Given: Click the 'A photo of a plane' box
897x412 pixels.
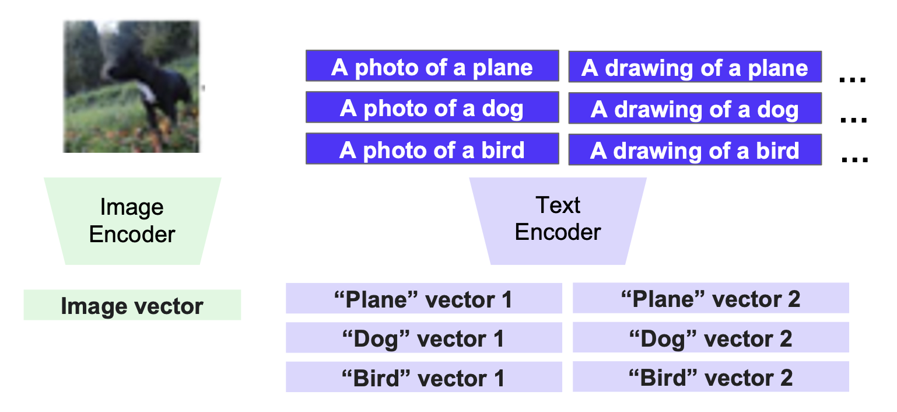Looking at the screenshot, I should click(x=432, y=68).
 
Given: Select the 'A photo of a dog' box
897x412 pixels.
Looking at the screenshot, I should click(x=432, y=109).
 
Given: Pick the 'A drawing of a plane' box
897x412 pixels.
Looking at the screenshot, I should click(x=695, y=68).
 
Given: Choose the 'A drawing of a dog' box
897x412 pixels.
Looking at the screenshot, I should click(x=695, y=110).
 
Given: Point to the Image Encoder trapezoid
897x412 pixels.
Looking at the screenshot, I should click(x=132, y=221).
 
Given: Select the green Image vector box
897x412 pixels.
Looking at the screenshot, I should click(x=132, y=305).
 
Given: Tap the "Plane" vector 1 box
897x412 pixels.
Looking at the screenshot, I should click(x=424, y=299).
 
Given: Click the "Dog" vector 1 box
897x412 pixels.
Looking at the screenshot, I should click(x=424, y=338).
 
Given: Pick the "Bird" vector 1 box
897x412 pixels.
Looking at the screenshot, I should click(x=424, y=378).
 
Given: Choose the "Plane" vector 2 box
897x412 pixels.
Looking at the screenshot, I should click(x=710, y=299).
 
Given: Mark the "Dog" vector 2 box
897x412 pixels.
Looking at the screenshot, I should click(x=710, y=338).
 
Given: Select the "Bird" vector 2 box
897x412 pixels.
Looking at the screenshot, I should click(x=710, y=378).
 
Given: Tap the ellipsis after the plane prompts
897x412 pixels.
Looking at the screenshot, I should click(x=853, y=80).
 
